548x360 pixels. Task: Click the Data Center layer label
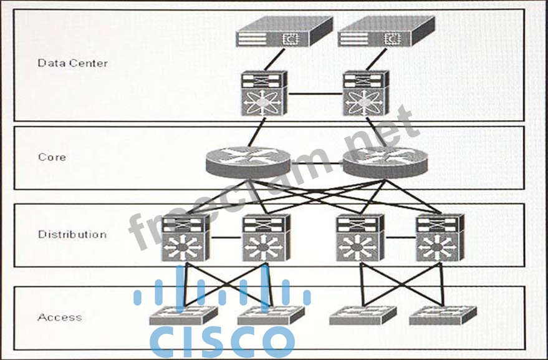tap(72, 63)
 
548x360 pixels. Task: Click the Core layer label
tap(52, 157)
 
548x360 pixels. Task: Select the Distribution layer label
tap(72, 235)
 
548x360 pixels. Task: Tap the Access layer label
tap(60, 317)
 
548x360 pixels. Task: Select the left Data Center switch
tap(264, 93)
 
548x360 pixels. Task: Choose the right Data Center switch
tap(367, 93)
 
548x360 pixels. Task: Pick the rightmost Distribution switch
tap(439, 238)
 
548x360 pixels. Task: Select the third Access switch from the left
tap(362, 314)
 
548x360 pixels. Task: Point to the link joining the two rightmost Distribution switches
tap(399, 238)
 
